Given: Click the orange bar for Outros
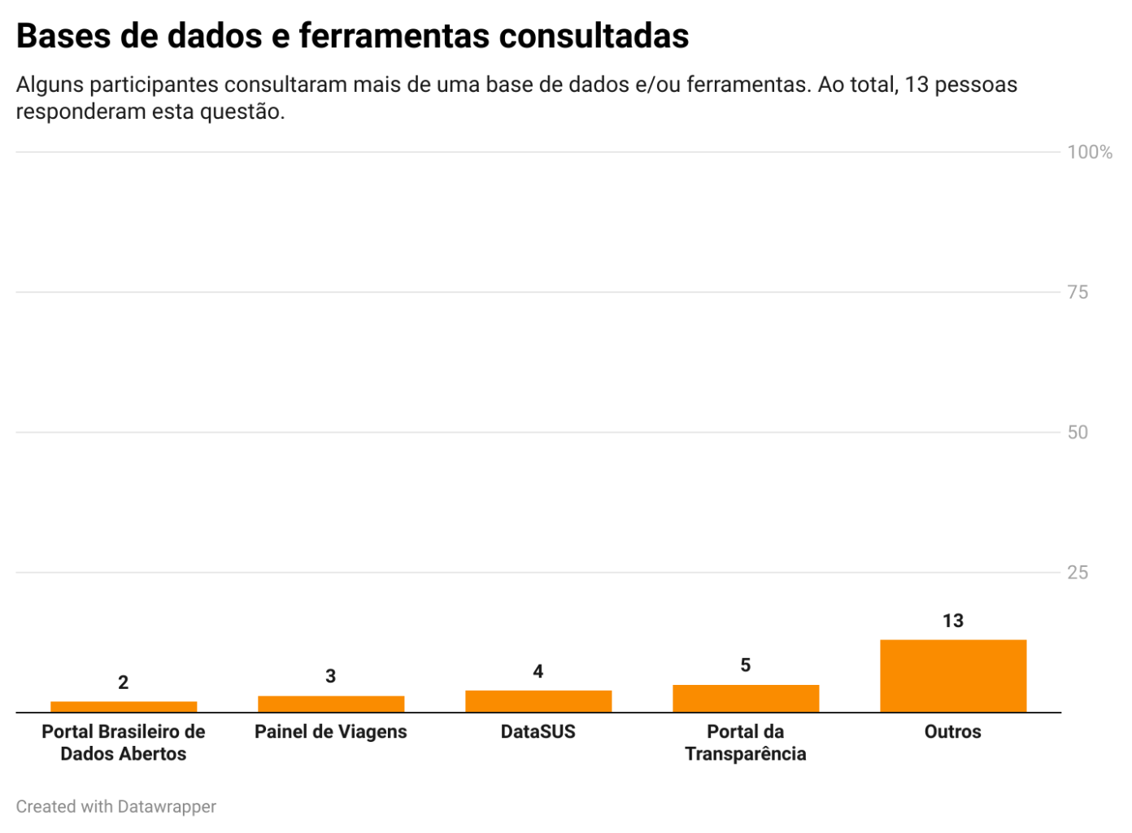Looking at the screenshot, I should [x=952, y=675].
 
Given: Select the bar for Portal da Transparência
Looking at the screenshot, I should [x=745, y=698].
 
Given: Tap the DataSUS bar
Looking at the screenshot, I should [x=538, y=700].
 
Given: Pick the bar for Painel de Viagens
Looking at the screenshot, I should [x=330, y=704].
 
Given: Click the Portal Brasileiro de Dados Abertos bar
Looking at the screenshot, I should [x=123, y=706].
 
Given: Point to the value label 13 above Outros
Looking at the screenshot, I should [x=952, y=621].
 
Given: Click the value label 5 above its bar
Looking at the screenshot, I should [x=745, y=665].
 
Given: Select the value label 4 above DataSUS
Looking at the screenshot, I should [x=538, y=671].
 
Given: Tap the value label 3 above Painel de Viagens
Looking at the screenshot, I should [x=330, y=676].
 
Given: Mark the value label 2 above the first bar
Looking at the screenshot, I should [x=123, y=683].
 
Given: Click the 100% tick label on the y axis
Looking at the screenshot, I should [x=1089, y=152].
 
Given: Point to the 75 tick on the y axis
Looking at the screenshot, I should [x=1078, y=292].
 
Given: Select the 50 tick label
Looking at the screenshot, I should [x=1078, y=432].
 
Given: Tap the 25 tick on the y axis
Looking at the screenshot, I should [x=1078, y=573].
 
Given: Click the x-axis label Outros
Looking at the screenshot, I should [x=952, y=731].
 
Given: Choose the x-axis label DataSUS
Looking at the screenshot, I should [x=538, y=731].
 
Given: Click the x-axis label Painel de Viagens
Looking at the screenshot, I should [x=330, y=731].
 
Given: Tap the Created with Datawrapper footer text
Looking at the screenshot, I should [x=116, y=806].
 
